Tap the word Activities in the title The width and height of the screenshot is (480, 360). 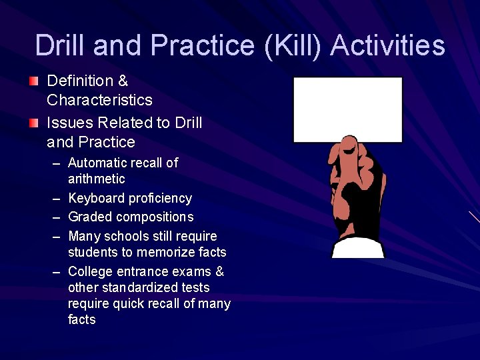[387, 45]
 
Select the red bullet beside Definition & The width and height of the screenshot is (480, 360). [34, 81]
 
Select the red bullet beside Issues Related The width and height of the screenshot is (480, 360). [34, 123]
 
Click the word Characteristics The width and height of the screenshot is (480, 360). [99, 100]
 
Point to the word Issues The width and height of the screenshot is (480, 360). [69, 123]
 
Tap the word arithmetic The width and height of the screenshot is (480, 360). [96, 179]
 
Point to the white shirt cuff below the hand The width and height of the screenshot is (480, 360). [358, 249]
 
